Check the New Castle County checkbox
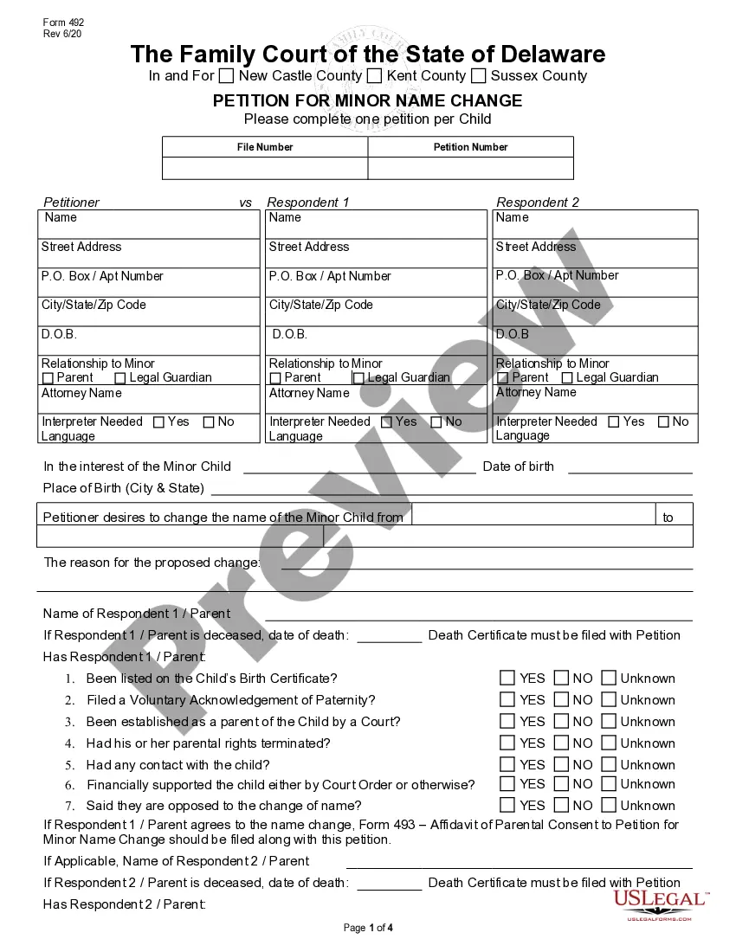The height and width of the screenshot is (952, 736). click(x=227, y=76)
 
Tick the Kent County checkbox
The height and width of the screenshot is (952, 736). click(x=374, y=76)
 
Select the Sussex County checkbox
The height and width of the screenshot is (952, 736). click(x=478, y=76)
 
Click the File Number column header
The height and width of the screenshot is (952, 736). click(x=265, y=147)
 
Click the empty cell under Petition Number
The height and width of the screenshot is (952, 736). click(x=470, y=168)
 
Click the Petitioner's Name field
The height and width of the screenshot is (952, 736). click(x=149, y=224)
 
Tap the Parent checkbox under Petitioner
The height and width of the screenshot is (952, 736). click(x=48, y=378)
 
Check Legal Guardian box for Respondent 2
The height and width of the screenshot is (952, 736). click(x=567, y=378)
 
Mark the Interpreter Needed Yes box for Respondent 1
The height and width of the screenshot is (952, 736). click(x=386, y=422)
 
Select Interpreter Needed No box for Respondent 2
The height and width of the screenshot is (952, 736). click(x=663, y=422)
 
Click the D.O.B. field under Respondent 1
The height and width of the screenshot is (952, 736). click(x=376, y=340)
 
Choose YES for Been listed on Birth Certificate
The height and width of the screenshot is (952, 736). click(x=507, y=678)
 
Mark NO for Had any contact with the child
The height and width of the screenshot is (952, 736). click(x=561, y=764)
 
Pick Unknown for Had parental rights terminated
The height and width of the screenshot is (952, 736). click(x=609, y=743)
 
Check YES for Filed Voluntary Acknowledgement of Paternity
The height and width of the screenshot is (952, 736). click(x=507, y=699)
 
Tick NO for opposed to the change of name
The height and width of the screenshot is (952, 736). click(x=561, y=805)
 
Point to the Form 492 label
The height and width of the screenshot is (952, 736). click(x=63, y=23)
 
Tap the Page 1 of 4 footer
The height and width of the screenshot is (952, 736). click(x=368, y=928)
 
